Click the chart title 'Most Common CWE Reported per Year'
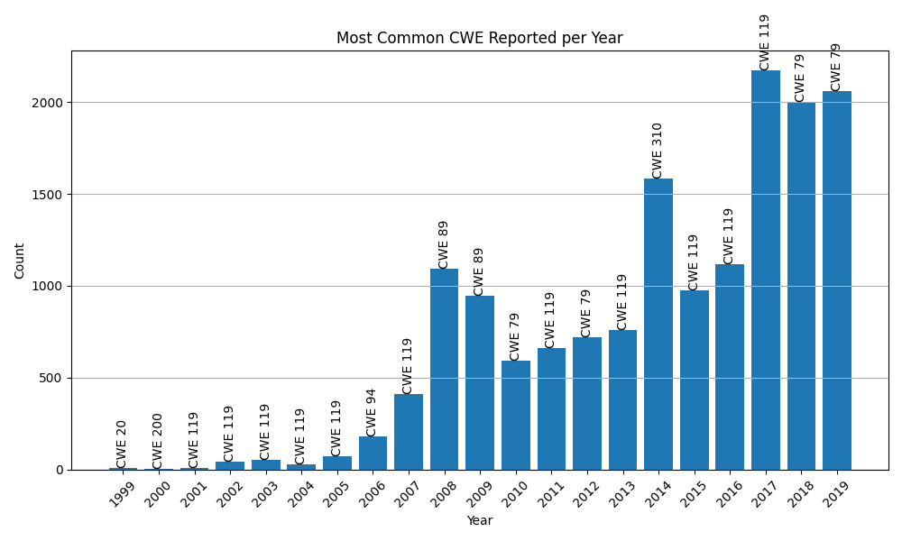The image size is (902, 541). click(479, 39)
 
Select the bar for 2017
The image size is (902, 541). click(765, 270)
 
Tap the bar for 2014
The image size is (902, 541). click(658, 325)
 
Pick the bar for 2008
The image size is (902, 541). click(444, 370)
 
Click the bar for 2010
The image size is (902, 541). click(515, 415)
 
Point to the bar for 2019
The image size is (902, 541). click(837, 280)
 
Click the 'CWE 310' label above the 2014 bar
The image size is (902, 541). click(658, 150)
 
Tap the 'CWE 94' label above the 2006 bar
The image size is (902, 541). click(372, 412)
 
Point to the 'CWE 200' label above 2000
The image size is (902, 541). click(158, 440)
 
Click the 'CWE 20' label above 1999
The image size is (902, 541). click(122, 443)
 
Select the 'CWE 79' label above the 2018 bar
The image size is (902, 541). click(800, 78)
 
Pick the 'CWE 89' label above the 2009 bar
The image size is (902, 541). click(479, 271)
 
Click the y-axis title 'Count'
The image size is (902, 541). click(20, 260)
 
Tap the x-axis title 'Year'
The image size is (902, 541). click(479, 521)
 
